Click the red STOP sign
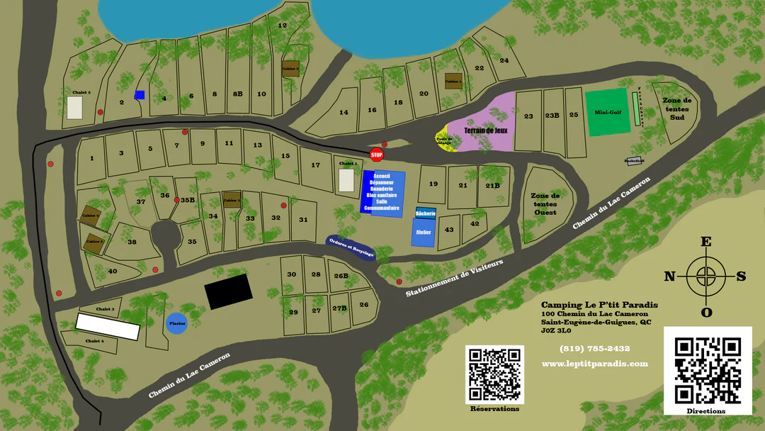377,155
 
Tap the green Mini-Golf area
608,112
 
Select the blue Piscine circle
177,323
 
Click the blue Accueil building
382,191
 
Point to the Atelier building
422,232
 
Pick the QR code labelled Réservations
494,374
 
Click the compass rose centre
706,276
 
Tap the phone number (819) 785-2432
594,348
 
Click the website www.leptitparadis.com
595,364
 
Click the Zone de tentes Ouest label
545,203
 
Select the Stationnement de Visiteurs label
454,278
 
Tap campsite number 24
504,60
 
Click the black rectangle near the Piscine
228,291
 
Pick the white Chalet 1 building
346,180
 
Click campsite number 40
112,271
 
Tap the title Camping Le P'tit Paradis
599,305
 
